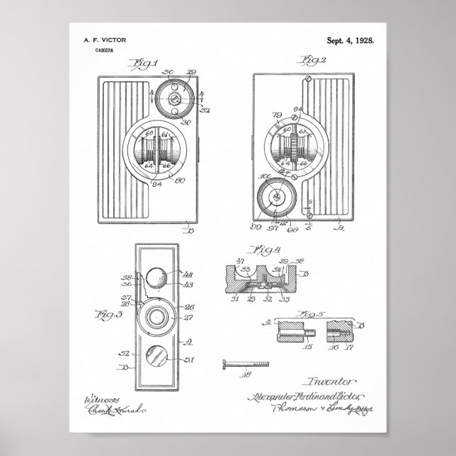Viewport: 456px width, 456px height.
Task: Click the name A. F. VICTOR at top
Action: coord(103,42)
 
